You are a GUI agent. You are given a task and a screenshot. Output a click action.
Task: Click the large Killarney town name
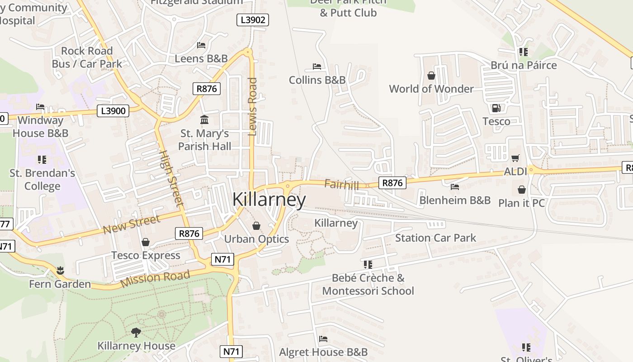[x=269, y=200]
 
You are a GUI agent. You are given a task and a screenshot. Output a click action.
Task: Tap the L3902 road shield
[x=253, y=20]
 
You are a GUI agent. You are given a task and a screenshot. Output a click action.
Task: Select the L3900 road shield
[x=113, y=111]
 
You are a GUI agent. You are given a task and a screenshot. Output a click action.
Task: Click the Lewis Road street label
[x=253, y=106]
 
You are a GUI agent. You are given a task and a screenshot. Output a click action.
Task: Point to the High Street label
[x=172, y=178]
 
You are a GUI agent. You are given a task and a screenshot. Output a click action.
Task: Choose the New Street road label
[x=131, y=225]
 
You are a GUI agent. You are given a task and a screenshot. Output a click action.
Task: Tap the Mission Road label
[x=155, y=279]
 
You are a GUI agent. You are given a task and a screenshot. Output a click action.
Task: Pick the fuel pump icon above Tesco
[x=496, y=108]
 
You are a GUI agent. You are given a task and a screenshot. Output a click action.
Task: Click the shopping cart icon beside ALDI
[x=515, y=158]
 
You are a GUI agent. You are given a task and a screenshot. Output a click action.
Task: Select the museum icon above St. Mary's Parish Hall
[x=204, y=120]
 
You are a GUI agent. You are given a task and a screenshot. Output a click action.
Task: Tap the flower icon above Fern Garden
[x=60, y=271]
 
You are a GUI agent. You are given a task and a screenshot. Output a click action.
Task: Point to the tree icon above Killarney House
[x=136, y=333]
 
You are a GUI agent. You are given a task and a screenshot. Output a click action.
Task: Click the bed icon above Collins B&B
[x=317, y=67]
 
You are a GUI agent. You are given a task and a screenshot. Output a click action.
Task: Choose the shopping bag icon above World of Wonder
[x=431, y=75]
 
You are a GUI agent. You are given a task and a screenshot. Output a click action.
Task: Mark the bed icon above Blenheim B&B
[x=455, y=186]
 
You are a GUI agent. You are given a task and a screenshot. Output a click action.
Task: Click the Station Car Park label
[x=435, y=238]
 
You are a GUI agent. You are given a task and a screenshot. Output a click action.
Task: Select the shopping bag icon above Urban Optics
[x=256, y=225]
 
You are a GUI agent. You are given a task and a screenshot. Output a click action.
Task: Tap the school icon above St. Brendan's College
[x=42, y=159]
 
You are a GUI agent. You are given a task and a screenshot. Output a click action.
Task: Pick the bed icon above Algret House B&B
[x=323, y=338]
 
